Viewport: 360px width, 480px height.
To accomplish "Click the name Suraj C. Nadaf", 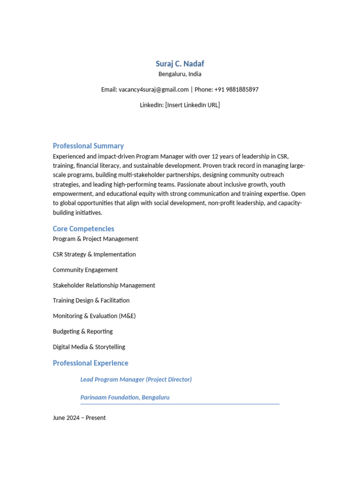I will point(180,64).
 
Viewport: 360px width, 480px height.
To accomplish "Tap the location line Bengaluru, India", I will point(180,74).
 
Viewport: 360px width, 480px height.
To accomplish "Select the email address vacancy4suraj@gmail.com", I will point(154,90).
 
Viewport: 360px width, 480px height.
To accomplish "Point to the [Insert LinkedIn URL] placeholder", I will point(192,105).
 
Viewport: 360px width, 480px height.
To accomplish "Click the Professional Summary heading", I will point(88,146).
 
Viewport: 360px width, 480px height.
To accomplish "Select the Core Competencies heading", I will point(83,229).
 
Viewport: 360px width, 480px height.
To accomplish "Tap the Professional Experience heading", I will point(90,363).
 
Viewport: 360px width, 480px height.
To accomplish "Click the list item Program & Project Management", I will point(96,239).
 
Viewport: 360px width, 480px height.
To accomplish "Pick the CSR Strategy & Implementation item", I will point(94,255).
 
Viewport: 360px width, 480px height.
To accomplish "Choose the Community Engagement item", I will point(85,270).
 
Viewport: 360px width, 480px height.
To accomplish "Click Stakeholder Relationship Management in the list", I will point(104,285).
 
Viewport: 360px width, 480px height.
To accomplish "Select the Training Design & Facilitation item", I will point(91,300).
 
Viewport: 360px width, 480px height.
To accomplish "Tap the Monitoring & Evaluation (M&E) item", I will point(94,316).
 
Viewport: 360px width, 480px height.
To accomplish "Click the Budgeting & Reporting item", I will point(83,331).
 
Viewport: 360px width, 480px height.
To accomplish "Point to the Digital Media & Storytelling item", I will point(89,347).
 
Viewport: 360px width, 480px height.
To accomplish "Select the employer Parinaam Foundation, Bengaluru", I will point(125,397).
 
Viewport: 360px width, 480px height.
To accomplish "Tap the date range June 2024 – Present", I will point(79,418).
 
